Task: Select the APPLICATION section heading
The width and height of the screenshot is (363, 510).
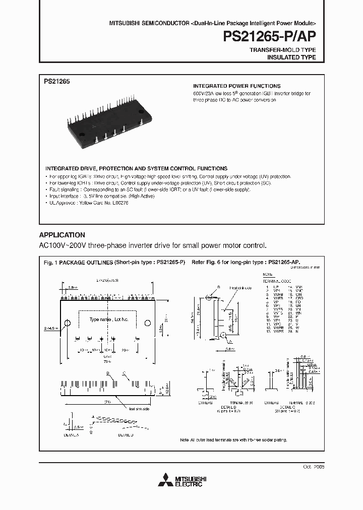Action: point(62,235)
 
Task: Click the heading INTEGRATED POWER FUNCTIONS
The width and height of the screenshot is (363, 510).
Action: point(237,86)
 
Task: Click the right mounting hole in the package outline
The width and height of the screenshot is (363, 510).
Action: point(148,323)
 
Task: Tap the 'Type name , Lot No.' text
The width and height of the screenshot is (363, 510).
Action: point(109,320)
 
